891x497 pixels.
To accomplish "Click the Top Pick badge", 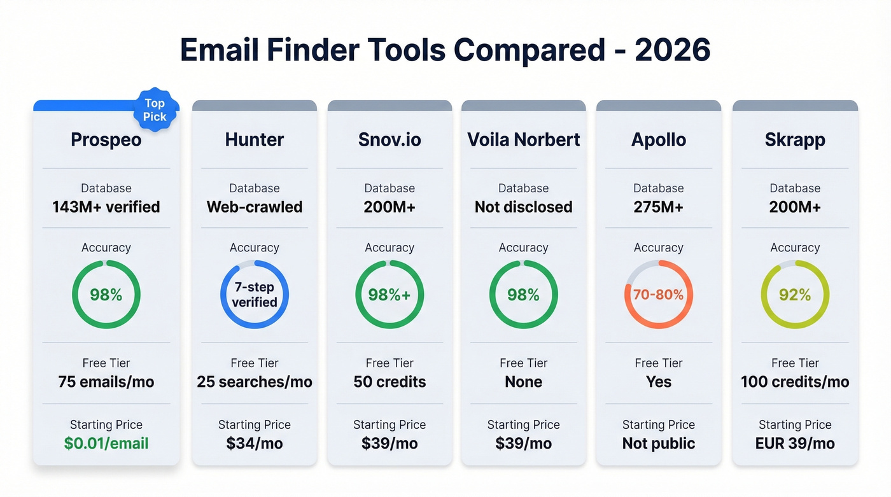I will click(x=155, y=110).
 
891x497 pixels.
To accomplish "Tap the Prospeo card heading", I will click(x=106, y=140).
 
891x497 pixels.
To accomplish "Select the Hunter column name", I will click(x=255, y=140).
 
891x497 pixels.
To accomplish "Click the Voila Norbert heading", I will click(x=524, y=140).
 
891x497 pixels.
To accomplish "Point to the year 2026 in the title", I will click(x=673, y=50).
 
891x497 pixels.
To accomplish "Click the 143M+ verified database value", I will click(x=106, y=207).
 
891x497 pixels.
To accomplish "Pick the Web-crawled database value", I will click(x=255, y=207).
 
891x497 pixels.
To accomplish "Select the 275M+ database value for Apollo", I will click(x=659, y=207).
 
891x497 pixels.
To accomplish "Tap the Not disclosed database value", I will click(x=524, y=207).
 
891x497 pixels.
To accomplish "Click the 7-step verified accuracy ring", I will click(x=255, y=295).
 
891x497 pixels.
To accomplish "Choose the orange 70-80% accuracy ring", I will click(x=659, y=295).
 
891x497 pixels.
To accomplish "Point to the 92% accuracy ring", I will click(x=795, y=295).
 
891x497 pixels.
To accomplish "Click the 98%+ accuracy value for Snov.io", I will click(x=389, y=295).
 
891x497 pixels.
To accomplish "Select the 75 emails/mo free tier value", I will click(x=106, y=382).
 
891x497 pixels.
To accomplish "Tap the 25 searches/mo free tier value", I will click(x=255, y=382).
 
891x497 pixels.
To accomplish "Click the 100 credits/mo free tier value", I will click(x=795, y=382).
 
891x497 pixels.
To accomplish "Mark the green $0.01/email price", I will click(x=106, y=444).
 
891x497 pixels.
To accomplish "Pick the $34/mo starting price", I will click(x=255, y=444).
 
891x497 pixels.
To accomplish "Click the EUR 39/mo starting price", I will click(x=795, y=444).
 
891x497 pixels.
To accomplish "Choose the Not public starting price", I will click(x=659, y=444).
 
